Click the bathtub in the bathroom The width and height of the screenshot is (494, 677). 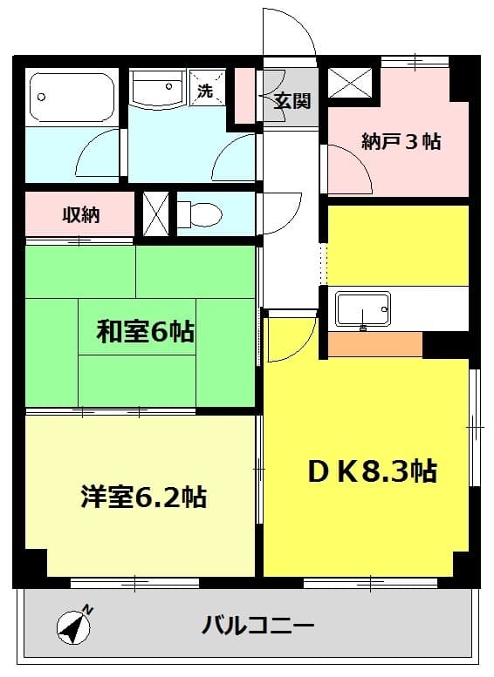click(72, 97)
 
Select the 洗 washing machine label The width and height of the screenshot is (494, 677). click(204, 91)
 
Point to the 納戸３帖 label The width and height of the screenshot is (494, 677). click(401, 141)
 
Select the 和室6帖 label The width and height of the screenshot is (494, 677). click(145, 332)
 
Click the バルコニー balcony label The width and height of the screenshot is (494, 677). click(258, 625)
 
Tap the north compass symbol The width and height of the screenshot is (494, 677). click(74, 626)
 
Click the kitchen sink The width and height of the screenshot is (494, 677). click(362, 308)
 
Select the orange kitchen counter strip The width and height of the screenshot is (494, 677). click(375, 345)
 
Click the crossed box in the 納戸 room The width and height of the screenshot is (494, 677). click(353, 85)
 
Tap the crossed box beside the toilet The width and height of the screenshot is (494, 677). click(154, 213)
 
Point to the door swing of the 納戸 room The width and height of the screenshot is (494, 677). click(347, 169)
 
